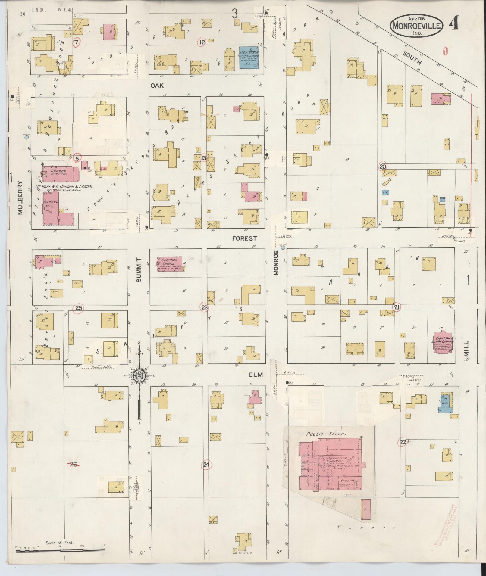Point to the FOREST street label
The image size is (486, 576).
click(x=245, y=238)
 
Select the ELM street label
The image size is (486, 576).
click(x=256, y=375)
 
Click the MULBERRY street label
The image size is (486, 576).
click(x=20, y=198)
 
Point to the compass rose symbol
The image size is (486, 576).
click(x=139, y=376)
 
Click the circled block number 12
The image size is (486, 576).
click(x=202, y=42)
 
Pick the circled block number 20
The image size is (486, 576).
click(x=383, y=167)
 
